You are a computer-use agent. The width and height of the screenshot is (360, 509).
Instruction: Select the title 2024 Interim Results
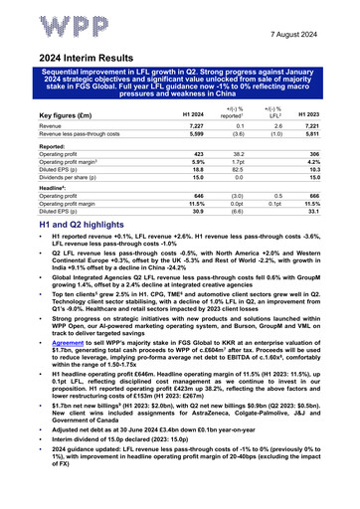77,58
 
